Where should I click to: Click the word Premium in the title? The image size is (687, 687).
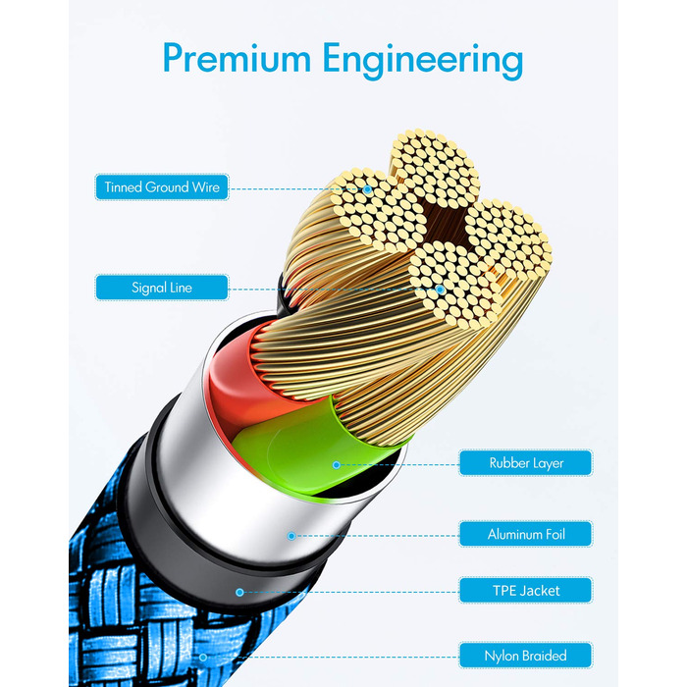click(x=237, y=58)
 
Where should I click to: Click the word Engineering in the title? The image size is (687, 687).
click(x=423, y=61)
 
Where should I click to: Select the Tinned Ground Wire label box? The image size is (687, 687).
click(x=162, y=187)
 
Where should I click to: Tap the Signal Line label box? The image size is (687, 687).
click(x=162, y=288)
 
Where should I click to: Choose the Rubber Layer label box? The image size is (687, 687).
click(x=526, y=462)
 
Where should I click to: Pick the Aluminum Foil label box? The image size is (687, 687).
click(x=526, y=534)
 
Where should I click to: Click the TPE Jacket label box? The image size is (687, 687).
click(x=526, y=590)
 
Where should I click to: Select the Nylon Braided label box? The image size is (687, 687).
click(x=526, y=656)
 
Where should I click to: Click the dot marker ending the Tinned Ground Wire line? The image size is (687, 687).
click(x=368, y=189)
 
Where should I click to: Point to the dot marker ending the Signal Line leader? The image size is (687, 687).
click(x=441, y=290)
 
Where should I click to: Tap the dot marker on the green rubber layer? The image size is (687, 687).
click(x=336, y=465)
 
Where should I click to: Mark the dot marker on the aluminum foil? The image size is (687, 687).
click(x=291, y=536)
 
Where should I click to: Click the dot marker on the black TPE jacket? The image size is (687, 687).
click(x=239, y=593)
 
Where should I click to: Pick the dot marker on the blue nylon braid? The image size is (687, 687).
click(x=203, y=658)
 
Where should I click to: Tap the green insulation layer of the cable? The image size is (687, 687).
click(x=306, y=451)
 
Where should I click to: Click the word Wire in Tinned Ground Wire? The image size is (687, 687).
click(x=205, y=187)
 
